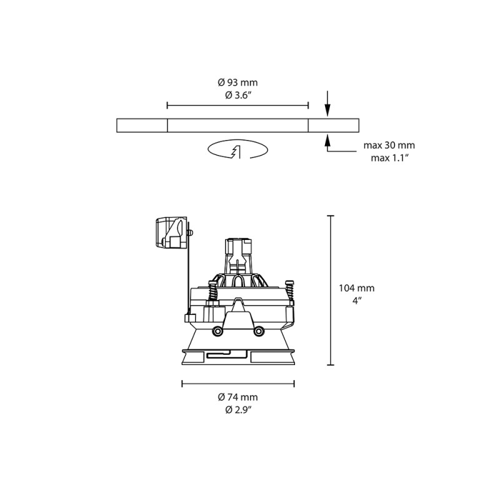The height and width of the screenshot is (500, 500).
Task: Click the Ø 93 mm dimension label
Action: coord(237,83)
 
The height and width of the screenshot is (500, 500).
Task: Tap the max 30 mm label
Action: coord(389,146)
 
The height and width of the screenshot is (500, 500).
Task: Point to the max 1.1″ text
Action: coord(389,157)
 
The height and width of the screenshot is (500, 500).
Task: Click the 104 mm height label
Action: coord(356,288)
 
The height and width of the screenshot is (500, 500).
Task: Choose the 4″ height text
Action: coord(356,301)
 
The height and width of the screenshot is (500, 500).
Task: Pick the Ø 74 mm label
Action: coord(237,397)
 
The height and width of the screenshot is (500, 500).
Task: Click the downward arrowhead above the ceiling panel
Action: coord(327,111)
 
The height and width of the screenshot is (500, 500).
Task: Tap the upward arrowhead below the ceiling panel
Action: coord(327,139)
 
